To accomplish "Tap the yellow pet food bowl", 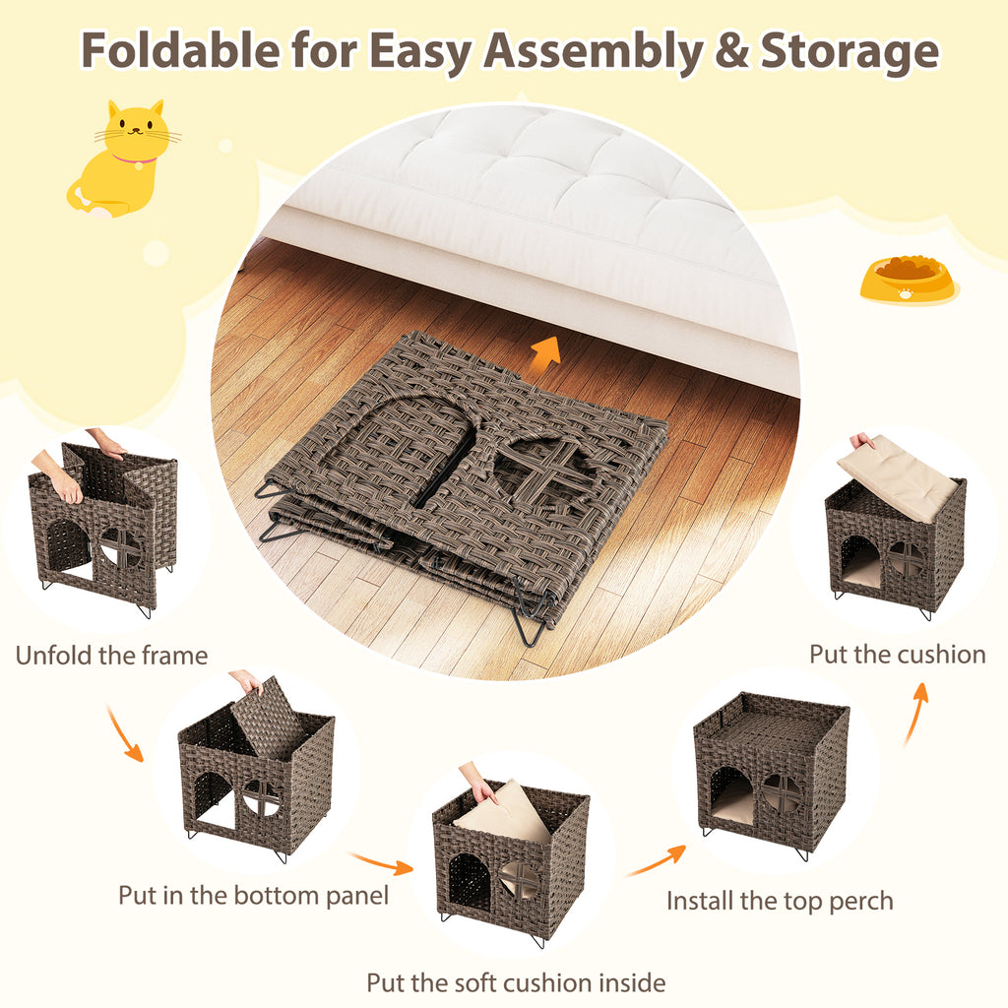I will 907,280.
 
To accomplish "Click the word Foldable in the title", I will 176,51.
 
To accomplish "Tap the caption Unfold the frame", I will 111,656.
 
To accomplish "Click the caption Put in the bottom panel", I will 253,896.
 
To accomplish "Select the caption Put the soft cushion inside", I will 516,982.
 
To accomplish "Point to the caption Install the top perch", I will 780,901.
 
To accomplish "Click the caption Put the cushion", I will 897,655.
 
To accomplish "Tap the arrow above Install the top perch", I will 657,860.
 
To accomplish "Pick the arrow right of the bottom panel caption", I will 383,863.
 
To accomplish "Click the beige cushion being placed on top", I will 897,476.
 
